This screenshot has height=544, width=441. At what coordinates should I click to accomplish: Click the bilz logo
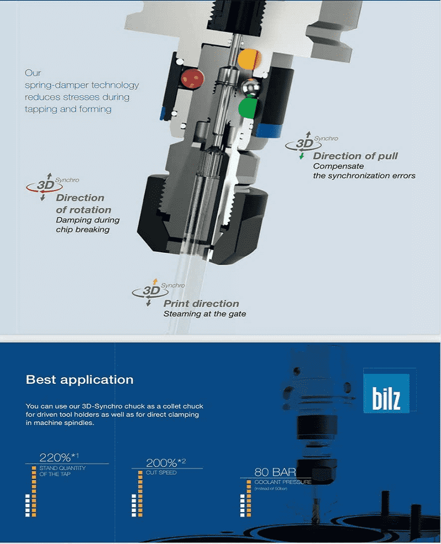(x=386, y=394)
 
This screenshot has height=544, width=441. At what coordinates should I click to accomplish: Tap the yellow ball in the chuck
(x=249, y=59)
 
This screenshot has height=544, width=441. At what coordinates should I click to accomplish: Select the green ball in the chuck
(x=248, y=108)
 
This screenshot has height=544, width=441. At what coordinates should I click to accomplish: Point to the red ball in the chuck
(x=192, y=79)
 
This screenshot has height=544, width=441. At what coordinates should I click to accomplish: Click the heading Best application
(x=79, y=379)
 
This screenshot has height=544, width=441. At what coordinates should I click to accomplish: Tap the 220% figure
(x=59, y=457)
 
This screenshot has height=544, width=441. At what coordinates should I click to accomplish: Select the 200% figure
(x=165, y=463)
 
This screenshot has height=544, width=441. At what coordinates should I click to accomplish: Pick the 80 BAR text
(x=275, y=472)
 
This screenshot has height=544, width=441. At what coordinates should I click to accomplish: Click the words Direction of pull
(x=355, y=156)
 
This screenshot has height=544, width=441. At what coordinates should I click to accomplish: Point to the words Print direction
(x=201, y=303)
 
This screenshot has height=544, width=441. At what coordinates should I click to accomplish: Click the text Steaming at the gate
(x=205, y=314)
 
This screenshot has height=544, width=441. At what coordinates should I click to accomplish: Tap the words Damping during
(x=88, y=220)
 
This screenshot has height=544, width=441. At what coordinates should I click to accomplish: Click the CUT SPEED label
(x=161, y=472)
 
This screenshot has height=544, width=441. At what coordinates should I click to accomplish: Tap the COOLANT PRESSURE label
(x=283, y=482)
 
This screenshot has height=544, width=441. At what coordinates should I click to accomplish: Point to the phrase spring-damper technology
(x=82, y=85)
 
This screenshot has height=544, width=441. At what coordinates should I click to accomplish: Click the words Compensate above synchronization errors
(x=338, y=166)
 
